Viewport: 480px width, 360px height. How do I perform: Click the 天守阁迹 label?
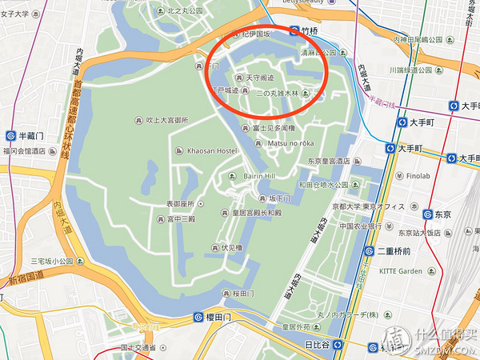[x=258, y=77]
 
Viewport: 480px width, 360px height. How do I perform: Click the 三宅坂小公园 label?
[x=52, y=261]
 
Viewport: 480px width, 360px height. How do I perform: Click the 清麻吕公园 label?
[x=318, y=52]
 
